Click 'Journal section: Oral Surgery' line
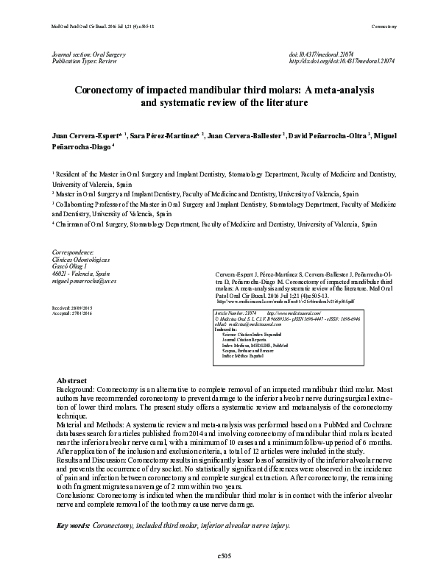click(x=89, y=55)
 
